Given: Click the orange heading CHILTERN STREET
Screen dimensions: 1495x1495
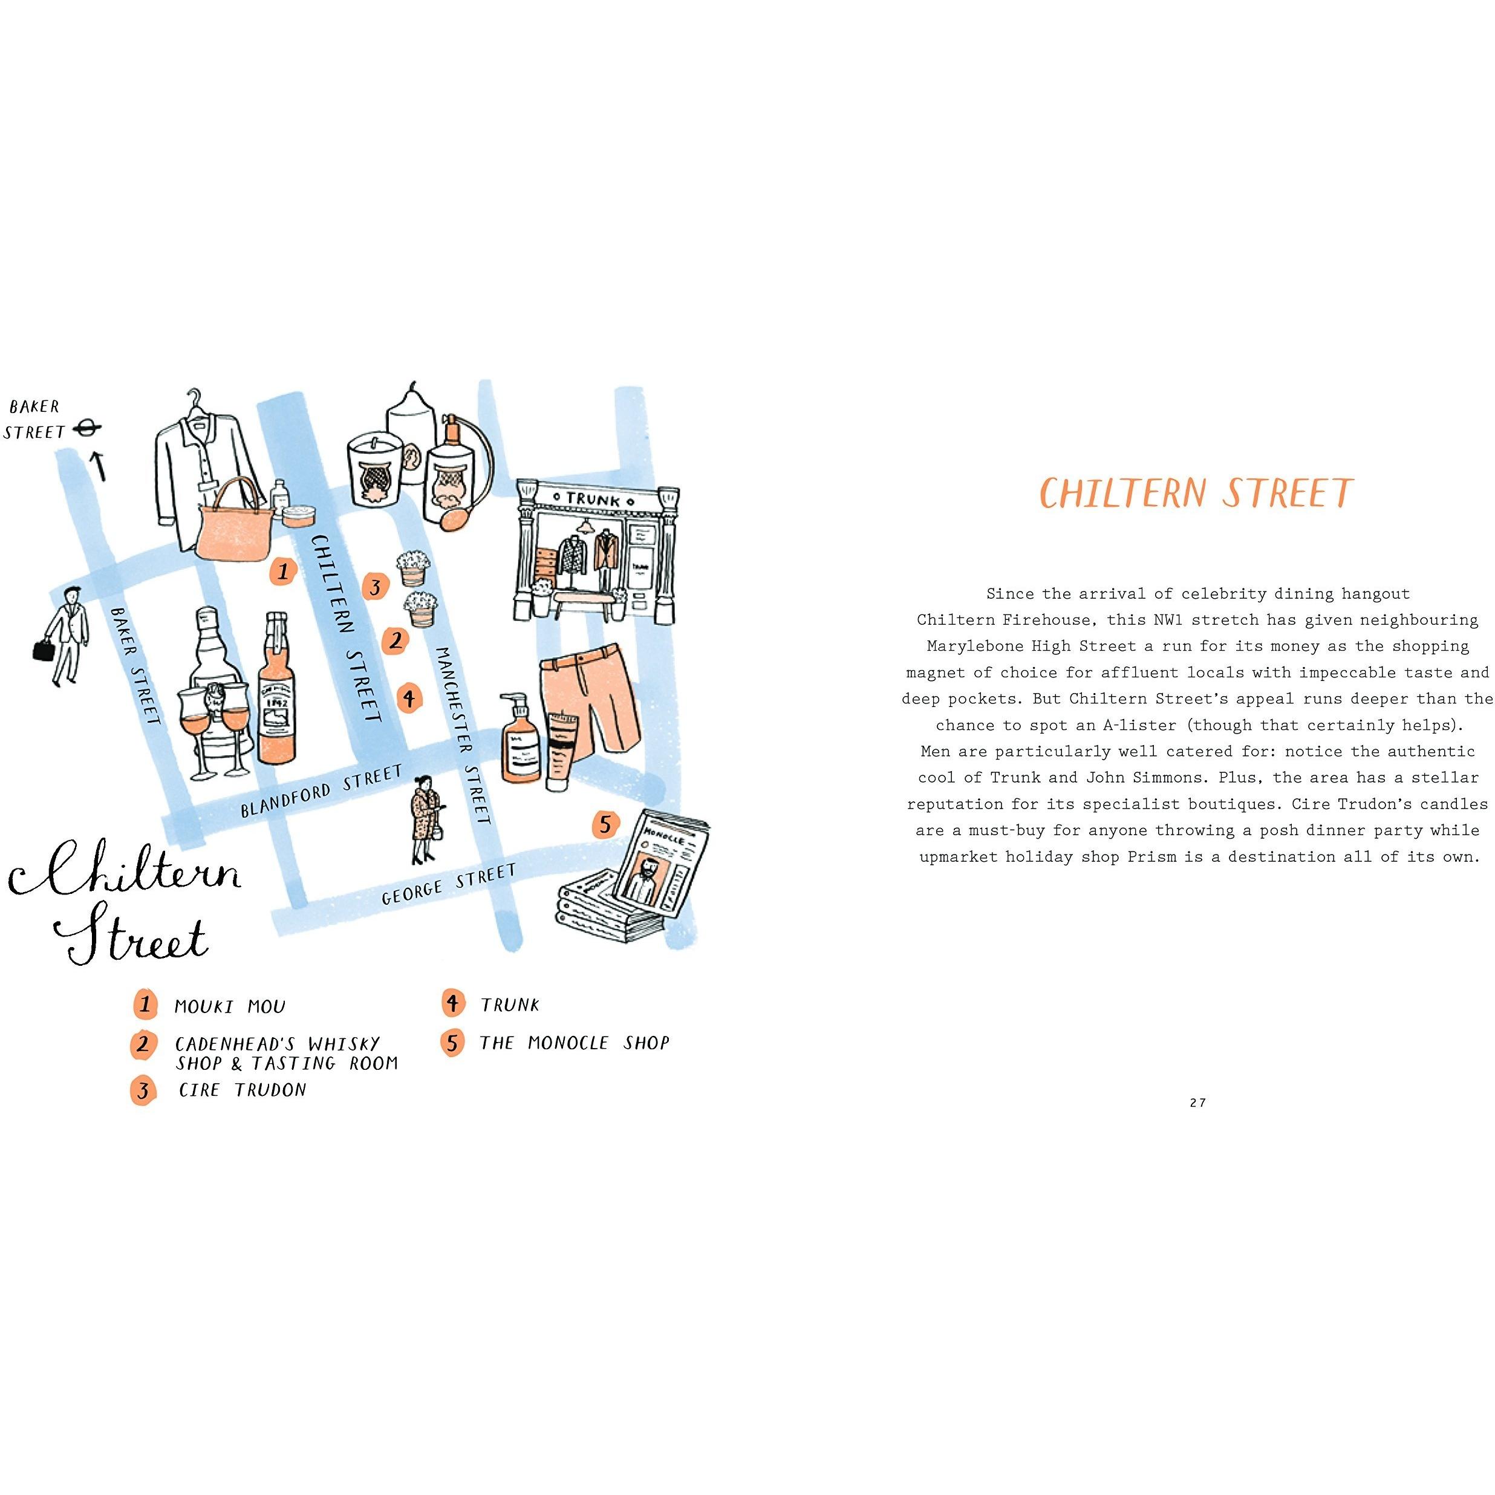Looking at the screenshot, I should [1196, 493].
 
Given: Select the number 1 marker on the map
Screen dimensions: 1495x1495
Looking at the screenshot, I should [283, 571].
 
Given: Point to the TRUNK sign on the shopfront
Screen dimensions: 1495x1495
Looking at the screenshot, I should [593, 499].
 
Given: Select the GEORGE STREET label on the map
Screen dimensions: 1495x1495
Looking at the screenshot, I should [449, 884].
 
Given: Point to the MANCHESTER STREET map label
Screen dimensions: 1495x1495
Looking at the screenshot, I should [462, 736].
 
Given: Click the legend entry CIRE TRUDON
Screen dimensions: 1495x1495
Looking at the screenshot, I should [242, 1090].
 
